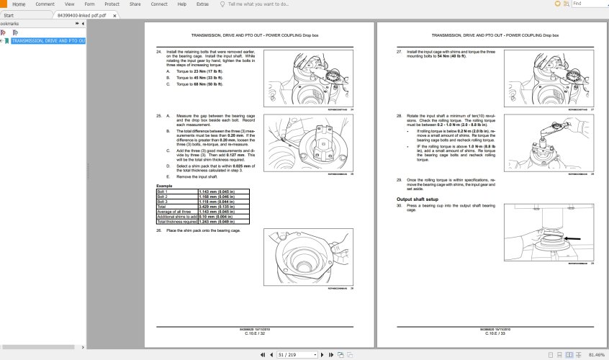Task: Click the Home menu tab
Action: (x=18, y=4)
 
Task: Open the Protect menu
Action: (x=112, y=4)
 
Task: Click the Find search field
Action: (x=587, y=4)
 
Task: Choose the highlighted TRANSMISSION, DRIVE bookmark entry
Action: (x=48, y=41)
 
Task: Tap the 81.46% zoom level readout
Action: (x=595, y=354)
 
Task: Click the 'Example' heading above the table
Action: (x=164, y=186)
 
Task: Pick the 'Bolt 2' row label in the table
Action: (x=163, y=195)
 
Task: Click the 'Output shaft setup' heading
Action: (x=418, y=199)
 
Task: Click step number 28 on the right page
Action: (x=399, y=115)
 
